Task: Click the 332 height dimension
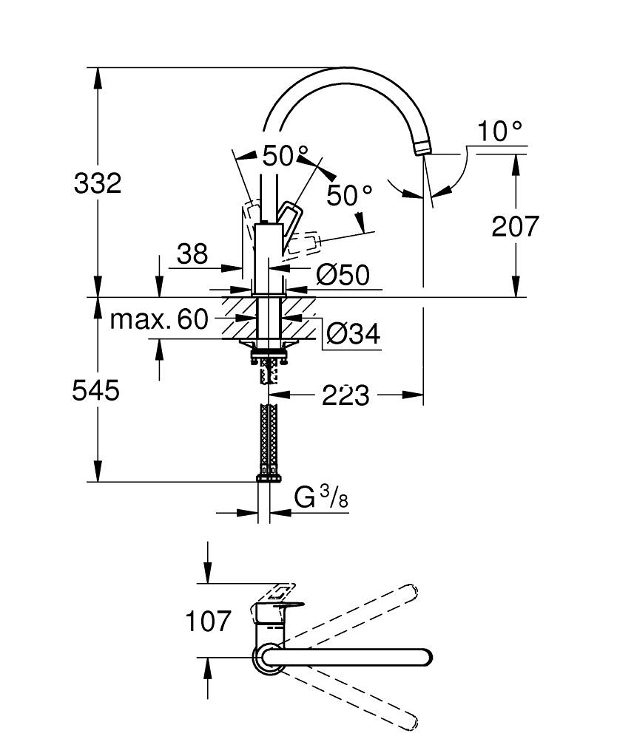pyautogui.click(x=98, y=183)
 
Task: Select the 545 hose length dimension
pyautogui.click(x=95, y=389)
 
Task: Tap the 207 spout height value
pyautogui.click(x=516, y=226)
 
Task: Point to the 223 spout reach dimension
pyautogui.click(x=345, y=395)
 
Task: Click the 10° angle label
pyautogui.click(x=499, y=132)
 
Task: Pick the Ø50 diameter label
pyautogui.click(x=343, y=276)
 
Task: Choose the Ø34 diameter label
pyautogui.click(x=353, y=335)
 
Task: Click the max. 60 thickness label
pyautogui.click(x=159, y=319)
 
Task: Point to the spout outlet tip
pyautogui.click(x=422, y=149)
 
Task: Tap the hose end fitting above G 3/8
pyautogui.click(x=269, y=477)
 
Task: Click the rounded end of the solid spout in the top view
pyautogui.click(x=425, y=656)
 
